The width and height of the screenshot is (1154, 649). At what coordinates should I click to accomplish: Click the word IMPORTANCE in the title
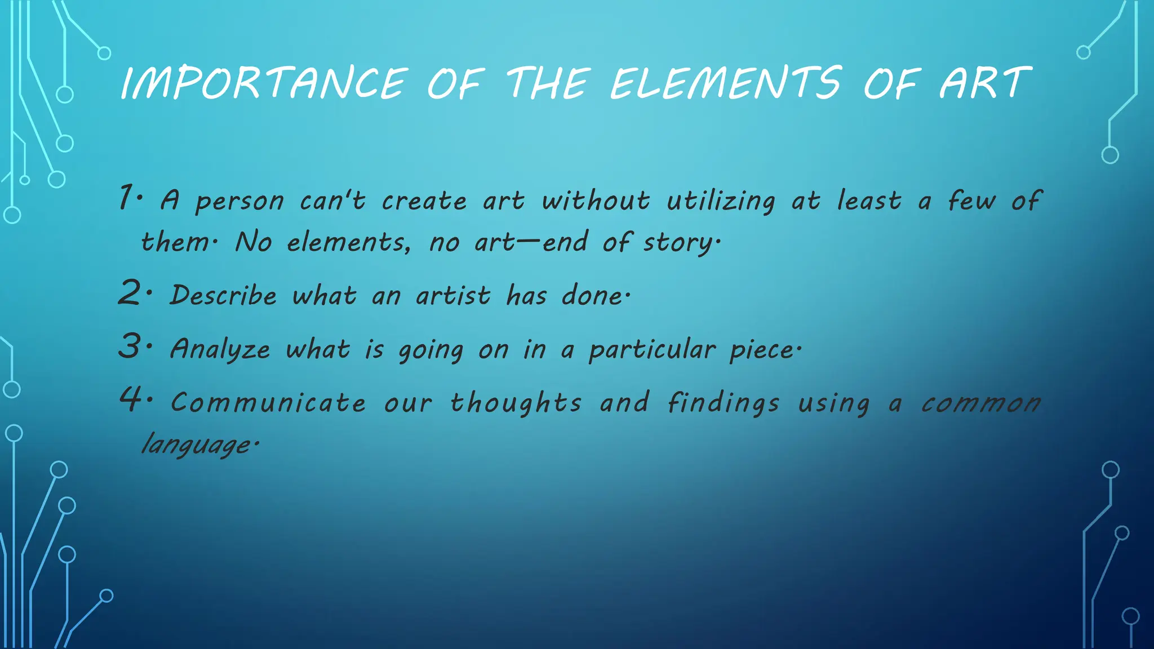click(x=264, y=83)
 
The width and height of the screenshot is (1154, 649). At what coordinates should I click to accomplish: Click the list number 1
click(x=127, y=198)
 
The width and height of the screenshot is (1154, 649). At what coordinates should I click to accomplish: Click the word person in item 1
click(x=239, y=202)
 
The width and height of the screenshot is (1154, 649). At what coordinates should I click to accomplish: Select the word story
click(x=679, y=243)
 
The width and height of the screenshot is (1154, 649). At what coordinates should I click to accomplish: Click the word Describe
click(x=224, y=295)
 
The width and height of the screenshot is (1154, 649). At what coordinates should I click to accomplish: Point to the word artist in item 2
click(x=453, y=295)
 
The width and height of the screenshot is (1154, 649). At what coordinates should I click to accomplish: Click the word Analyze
click(x=220, y=349)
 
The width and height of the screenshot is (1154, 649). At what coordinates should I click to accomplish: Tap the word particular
click(x=652, y=349)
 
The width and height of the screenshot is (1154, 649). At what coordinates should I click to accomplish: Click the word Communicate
click(x=268, y=403)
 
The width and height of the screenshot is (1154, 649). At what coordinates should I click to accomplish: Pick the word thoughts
click(x=516, y=403)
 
